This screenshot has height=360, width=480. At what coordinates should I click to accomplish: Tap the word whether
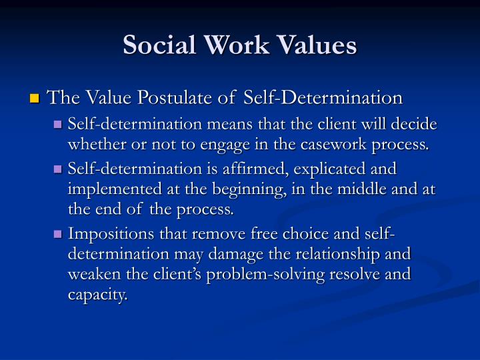point(95,144)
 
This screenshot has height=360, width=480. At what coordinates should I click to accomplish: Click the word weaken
point(93,274)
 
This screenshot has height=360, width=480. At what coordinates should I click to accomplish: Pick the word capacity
point(97,294)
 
